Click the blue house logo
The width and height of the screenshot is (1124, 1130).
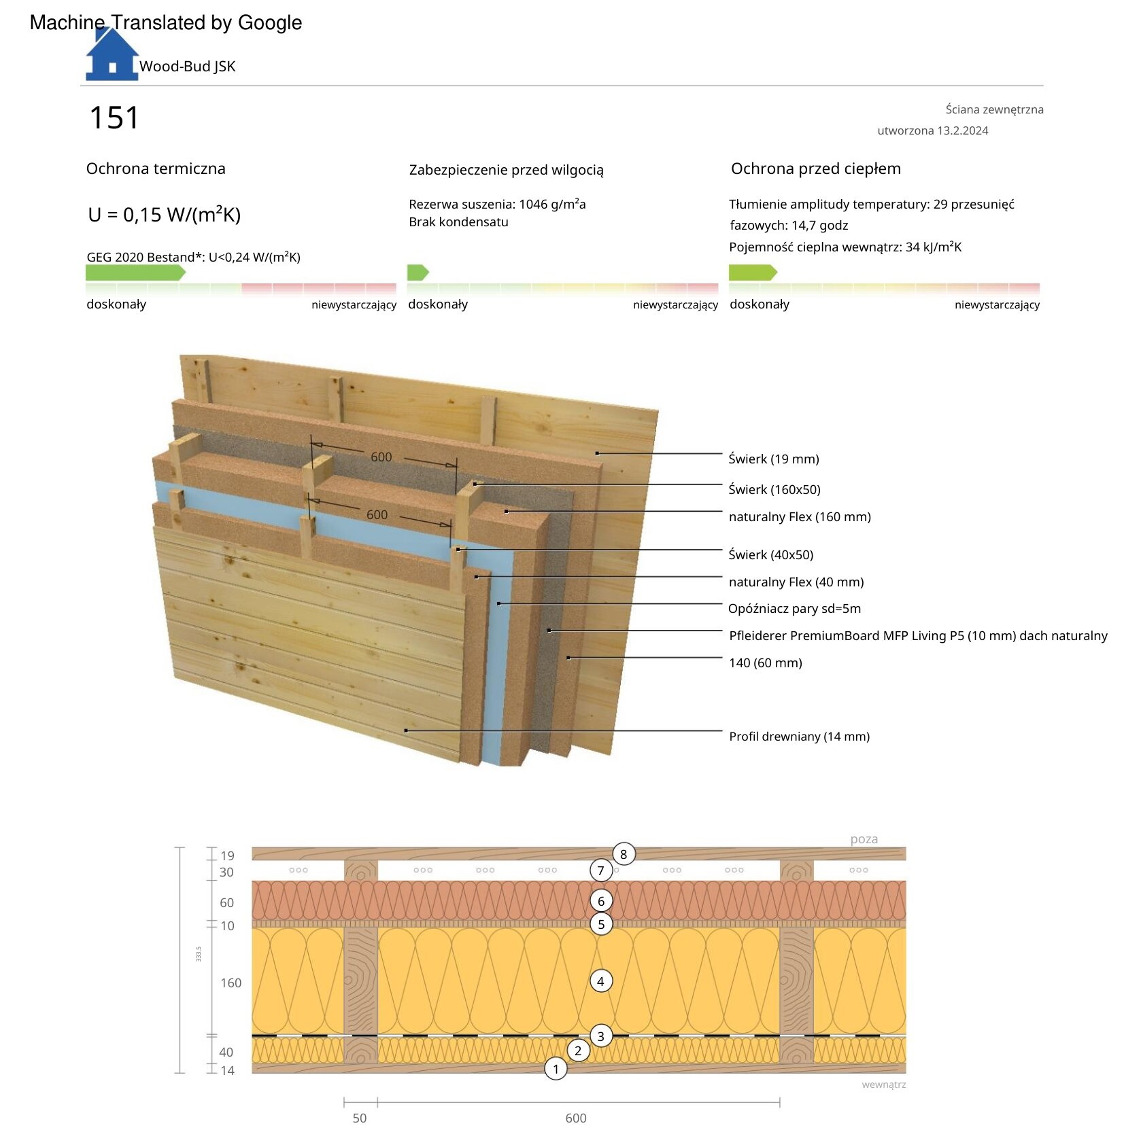(x=112, y=55)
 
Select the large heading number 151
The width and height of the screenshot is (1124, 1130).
(x=114, y=118)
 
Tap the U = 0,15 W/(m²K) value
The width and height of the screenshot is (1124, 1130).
(x=165, y=215)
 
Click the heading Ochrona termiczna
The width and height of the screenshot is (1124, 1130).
(x=156, y=169)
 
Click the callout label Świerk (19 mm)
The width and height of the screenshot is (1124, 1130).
(x=774, y=459)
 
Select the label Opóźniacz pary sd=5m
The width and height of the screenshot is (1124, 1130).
(x=794, y=609)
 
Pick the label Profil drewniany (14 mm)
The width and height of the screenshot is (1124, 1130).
(x=799, y=736)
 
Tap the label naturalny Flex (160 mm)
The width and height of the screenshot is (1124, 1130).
(x=800, y=516)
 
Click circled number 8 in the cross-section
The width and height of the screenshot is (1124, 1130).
(x=624, y=854)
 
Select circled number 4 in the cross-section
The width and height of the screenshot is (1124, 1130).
(x=600, y=981)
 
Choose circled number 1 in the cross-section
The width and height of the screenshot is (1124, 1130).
(x=556, y=1069)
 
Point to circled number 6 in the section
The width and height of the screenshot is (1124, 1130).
(x=601, y=901)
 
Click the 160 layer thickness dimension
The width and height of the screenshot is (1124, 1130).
(x=231, y=983)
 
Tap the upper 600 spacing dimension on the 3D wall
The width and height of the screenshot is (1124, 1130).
(x=381, y=457)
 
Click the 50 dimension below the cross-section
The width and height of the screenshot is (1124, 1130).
(x=360, y=1118)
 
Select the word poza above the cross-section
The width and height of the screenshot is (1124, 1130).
(x=864, y=839)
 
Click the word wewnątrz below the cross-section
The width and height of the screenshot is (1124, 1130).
(x=884, y=1084)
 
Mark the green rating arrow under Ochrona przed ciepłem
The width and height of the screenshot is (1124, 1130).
(x=753, y=272)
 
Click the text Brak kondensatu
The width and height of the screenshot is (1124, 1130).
(x=458, y=222)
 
